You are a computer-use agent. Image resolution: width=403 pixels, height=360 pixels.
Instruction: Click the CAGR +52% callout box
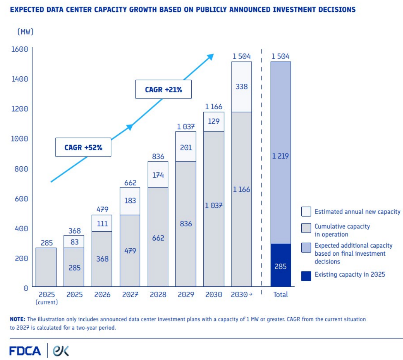pos(83,147)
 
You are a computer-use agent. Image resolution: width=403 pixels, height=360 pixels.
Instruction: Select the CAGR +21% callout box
pos(163,89)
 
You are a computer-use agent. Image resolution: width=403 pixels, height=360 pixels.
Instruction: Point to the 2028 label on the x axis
pos(158,295)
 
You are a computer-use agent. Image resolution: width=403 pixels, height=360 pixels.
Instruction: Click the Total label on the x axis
pos(280,295)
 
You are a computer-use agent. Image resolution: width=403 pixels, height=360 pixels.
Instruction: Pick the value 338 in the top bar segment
pos(241,86)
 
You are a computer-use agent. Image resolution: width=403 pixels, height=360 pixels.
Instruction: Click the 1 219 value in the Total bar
pos(280,156)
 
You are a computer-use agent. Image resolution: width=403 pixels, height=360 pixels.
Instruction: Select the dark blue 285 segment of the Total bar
pos(280,265)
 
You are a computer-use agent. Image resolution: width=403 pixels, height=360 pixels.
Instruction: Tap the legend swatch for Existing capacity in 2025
pos(306,276)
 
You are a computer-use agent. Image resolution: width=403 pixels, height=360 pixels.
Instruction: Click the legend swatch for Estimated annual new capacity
pos(306,212)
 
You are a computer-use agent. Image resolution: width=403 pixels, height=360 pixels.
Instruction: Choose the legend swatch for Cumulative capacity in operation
pos(306,227)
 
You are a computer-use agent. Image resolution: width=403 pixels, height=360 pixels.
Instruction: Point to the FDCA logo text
pos(25,351)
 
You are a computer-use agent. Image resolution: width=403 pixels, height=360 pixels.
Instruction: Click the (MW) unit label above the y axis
pos(26,32)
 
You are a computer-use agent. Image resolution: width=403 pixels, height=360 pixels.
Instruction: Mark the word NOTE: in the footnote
pos(18,319)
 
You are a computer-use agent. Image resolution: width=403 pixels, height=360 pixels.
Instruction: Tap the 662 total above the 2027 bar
pos(130,183)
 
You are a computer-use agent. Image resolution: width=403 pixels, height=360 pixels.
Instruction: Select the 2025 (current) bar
pos(47,267)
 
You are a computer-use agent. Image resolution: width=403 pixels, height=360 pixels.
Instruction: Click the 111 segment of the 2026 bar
pos(102,223)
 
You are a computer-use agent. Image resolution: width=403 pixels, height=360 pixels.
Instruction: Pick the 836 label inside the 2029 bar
pos(186,224)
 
